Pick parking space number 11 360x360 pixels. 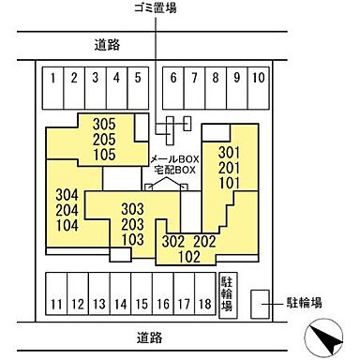[x=57, y=303]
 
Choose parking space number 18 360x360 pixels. [x=204, y=303]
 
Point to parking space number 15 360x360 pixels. [x=141, y=303]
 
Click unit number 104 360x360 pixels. [x=66, y=226]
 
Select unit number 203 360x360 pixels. [x=134, y=224]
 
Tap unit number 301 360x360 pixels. [x=231, y=152]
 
